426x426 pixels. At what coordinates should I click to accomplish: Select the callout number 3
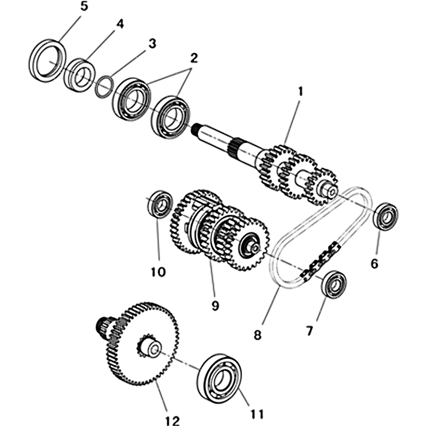pyautogui.click(x=152, y=44)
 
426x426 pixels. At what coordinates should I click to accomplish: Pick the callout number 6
pyautogui.click(x=374, y=263)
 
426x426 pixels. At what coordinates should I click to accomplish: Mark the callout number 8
pyautogui.click(x=258, y=335)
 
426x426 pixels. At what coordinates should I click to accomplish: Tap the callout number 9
pyautogui.click(x=215, y=306)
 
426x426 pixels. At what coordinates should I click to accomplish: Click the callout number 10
pyautogui.click(x=158, y=272)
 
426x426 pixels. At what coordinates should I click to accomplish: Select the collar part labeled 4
pyautogui.click(x=79, y=75)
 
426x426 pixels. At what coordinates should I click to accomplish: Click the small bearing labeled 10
pyautogui.click(x=159, y=203)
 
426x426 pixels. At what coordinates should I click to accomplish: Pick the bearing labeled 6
pyautogui.click(x=386, y=216)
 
